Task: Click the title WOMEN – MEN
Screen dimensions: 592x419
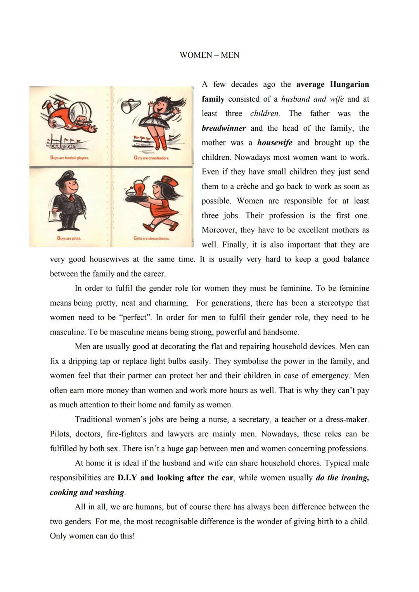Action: (209, 55)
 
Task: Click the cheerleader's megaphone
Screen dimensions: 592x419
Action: (128, 106)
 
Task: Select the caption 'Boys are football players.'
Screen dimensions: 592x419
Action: (69, 158)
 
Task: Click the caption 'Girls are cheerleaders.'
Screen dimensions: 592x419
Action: (151, 158)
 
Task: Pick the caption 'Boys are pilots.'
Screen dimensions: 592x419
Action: (69, 238)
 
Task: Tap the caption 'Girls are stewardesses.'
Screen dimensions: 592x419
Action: (151, 238)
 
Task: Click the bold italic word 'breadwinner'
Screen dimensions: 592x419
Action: (224, 128)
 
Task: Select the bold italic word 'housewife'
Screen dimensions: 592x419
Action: (275, 143)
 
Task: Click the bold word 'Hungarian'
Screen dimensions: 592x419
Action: (349, 84)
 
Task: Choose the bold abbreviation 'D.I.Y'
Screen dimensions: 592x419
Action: (127, 478)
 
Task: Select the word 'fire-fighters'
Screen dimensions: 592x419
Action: (126, 434)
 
